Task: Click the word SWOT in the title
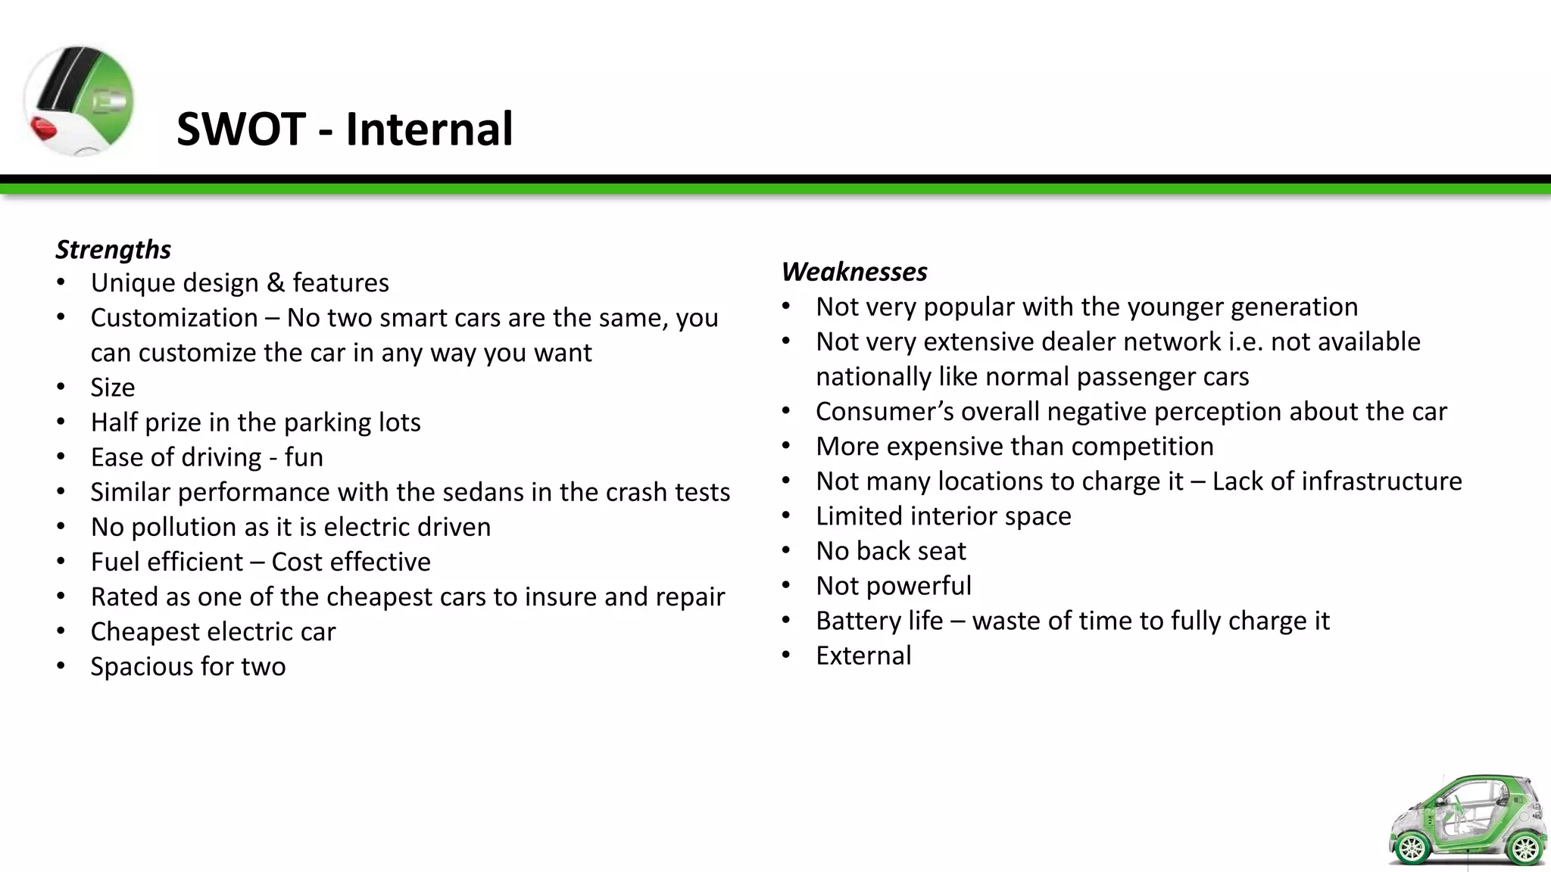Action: click(x=241, y=129)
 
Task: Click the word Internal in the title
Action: click(x=429, y=129)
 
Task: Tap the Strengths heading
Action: click(x=114, y=249)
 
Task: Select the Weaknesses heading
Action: click(x=854, y=271)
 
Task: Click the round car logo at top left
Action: click(x=79, y=101)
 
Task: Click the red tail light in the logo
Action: click(x=44, y=129)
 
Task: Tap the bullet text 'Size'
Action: click(x=113, y=388)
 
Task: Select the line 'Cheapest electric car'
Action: click(x=213, y=631)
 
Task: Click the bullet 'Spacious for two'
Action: click(x=188, y=666)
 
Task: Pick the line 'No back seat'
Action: click(x=891, y=551)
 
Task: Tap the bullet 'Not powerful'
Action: click(x=894, y=586)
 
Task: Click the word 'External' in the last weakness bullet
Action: click(x=863, y=656)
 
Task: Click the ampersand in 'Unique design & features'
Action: click(x=276, y=283)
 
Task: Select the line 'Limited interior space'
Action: click(x=944, y=516)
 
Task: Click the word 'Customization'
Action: click(x=174, y=318)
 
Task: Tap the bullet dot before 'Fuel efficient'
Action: click(x=61, y=562)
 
